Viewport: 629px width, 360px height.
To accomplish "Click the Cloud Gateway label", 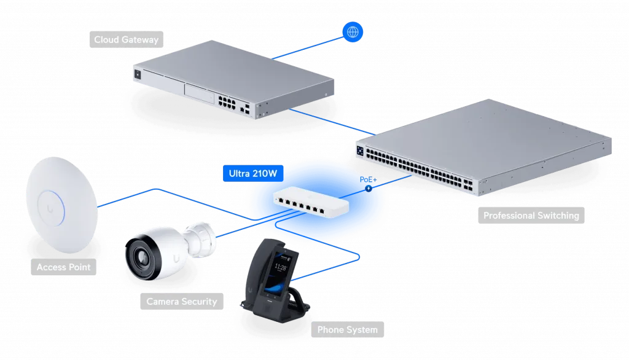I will point(126,40).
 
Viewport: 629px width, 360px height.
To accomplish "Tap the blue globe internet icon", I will point(353,31).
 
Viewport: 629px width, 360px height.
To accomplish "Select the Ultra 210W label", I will point(253,174).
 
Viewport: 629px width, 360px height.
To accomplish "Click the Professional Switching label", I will point(531,216).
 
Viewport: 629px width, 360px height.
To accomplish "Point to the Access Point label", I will point(63,267).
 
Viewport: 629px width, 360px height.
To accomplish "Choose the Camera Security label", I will point(181,302).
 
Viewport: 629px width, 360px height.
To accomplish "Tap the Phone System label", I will point(347,330).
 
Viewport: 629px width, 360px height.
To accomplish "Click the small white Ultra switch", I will point(308,198).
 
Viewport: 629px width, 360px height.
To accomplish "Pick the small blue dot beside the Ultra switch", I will point(369,188).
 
